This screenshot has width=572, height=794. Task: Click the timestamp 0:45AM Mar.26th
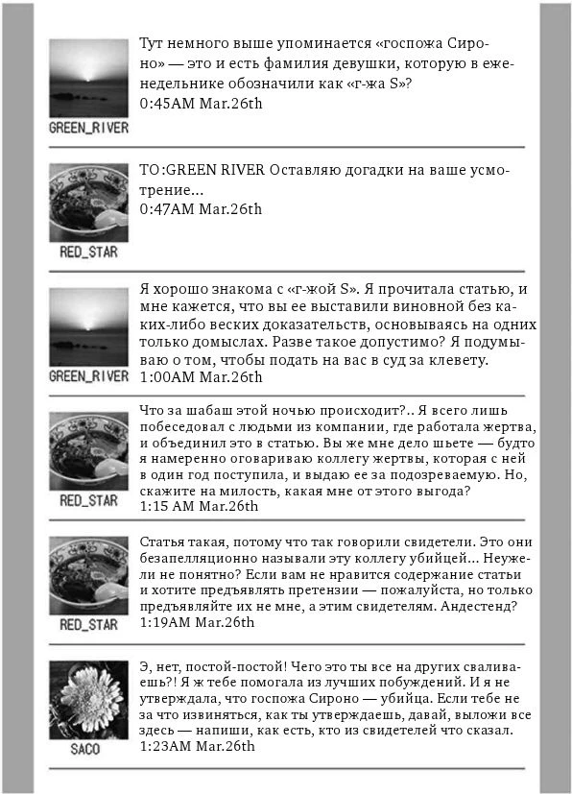tap(201, 102)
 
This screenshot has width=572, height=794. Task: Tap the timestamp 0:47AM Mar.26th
tap(201, 208)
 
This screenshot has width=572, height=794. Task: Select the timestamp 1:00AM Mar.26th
tap(201, 376)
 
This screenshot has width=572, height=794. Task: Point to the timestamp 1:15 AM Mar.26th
tap(200, 506)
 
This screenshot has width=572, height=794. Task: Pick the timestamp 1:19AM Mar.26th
tap(198, 621)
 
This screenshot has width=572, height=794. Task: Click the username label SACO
tap(85, 749)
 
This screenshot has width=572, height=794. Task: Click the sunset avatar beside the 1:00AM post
tap(88, 326)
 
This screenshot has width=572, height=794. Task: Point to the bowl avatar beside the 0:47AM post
tap(88, 202)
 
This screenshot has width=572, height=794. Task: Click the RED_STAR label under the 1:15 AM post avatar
tap(88, 499)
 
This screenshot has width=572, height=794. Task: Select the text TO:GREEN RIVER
tap(203, 172)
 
